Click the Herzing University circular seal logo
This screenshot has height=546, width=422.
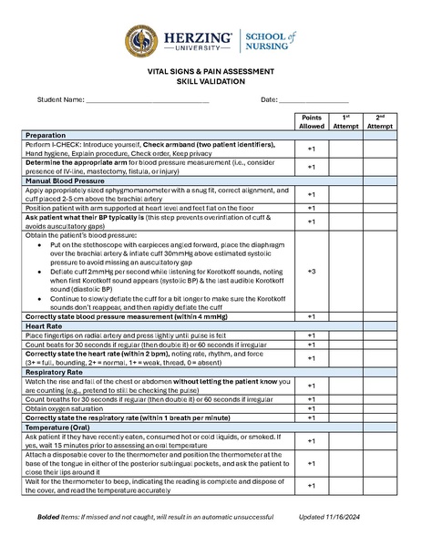click(x=140, y=41)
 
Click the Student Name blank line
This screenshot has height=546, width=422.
click(x=147, y=100)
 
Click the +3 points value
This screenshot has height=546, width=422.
click(x=311, y=272)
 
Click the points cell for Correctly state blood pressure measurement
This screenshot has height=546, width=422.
click(x=311, y=316)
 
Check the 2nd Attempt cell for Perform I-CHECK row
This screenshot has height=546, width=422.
click(x=380, y=149)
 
